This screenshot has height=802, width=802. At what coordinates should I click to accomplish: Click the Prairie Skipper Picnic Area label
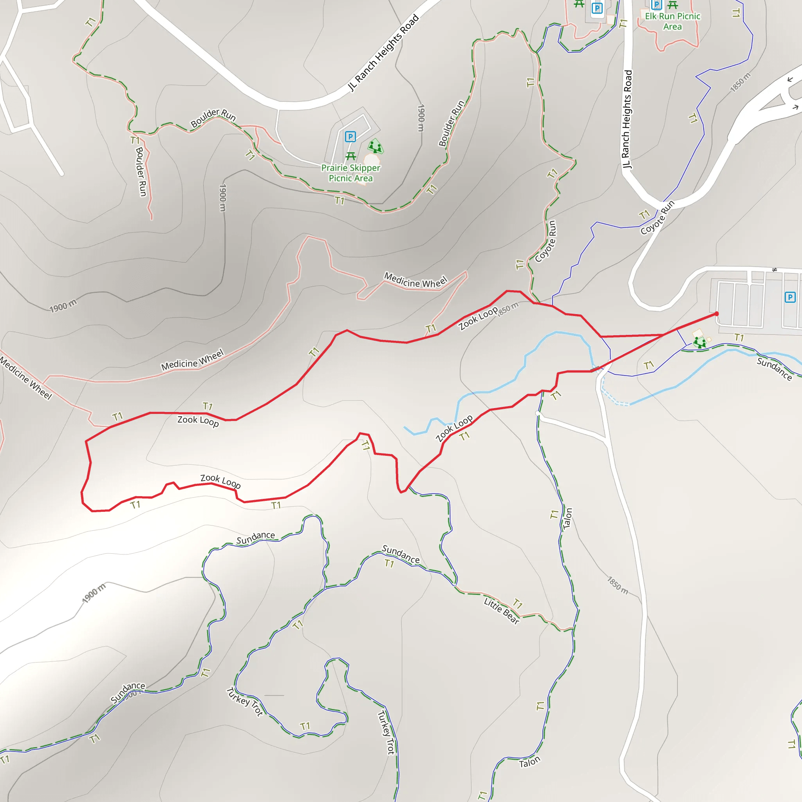tap(350, 173)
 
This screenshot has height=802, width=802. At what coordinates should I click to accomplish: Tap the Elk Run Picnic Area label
tap(672, 21)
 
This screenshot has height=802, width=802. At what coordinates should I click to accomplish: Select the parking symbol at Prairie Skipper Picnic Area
tap(350, 137)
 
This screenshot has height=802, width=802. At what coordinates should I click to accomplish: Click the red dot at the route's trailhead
tap(717, 314)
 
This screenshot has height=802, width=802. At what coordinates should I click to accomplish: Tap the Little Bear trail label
tap(502, 610)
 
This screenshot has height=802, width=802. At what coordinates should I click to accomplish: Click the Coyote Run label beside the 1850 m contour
tap(546, 241)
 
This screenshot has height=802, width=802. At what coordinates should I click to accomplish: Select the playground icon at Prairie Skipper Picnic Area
tap(375, 146)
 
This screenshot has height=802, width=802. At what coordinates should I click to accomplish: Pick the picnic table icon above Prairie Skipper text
tap(350, 156)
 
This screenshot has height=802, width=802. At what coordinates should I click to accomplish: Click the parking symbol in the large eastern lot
tap(789, 297)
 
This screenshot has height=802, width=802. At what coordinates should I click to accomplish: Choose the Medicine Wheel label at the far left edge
tap(26, 378)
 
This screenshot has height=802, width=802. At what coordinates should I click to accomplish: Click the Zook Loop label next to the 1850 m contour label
tap(478, 318)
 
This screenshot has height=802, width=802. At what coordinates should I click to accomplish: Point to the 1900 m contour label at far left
tap(63, 307)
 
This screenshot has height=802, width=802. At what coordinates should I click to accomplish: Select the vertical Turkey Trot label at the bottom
tap(386, 732)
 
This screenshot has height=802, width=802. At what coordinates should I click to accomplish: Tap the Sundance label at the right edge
tap(774, 368)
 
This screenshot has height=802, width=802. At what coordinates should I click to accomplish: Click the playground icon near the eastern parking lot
tap(699, 342)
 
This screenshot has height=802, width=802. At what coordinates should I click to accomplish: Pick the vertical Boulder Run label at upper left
tap(141, 172)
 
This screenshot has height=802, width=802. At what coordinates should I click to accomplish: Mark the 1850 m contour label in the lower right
tap(618, 585)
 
